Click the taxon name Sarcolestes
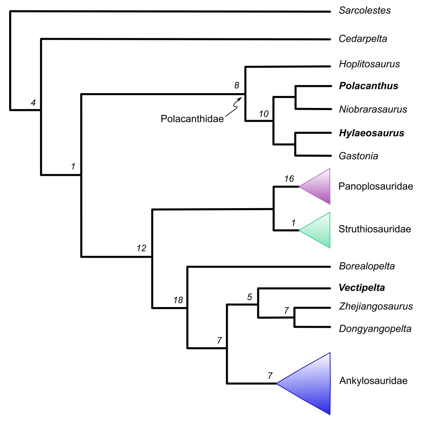365,11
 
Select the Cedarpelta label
363,39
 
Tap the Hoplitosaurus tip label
370,64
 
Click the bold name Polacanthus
369,86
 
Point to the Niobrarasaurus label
372,110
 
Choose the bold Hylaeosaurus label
371,133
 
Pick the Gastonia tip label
359,156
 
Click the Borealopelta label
367,266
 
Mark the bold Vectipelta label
362,287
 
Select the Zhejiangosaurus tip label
376,307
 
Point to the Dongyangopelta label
375,329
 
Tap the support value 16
289,179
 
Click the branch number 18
178,300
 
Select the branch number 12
142,248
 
